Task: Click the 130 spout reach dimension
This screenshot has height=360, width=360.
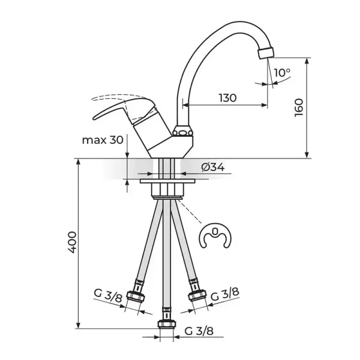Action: [x=227, y=98]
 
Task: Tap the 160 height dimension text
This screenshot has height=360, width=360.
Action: [x=299, y=108]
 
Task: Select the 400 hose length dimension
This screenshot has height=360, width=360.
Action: [x=72, y=242]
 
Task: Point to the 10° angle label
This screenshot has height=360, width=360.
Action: [x=282, y=73]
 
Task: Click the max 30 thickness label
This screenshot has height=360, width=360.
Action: [x=103, y=140]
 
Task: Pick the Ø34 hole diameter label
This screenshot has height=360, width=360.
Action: [x=213, y=167]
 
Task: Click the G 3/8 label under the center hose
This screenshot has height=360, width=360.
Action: [x=199, y=331]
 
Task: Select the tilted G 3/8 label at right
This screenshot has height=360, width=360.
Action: [x=225, y=295]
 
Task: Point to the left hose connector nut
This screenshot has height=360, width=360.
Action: [x=136, y=296]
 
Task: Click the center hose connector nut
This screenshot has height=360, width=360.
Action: [x=167, y=325]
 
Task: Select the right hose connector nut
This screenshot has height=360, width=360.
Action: [x=197, y=296]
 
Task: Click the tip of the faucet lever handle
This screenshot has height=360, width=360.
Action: [x=94, y=118]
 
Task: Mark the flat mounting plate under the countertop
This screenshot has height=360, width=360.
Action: [x=167, y=181]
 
